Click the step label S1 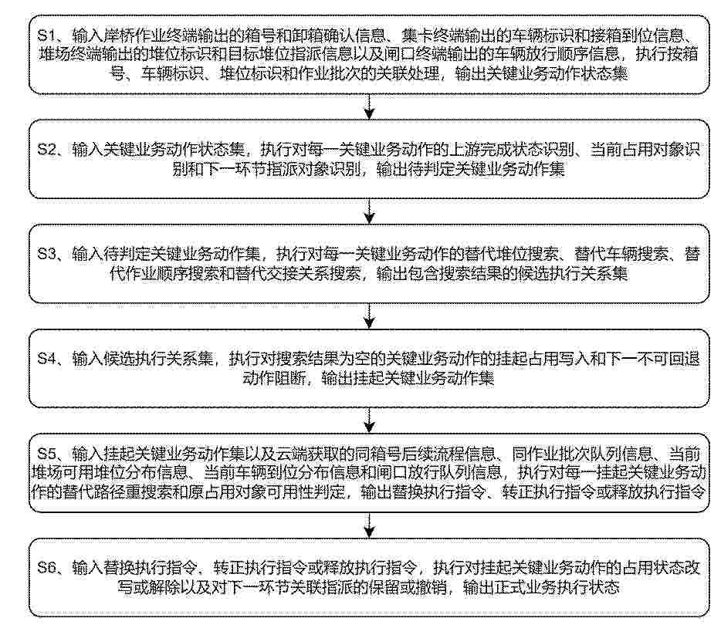46,35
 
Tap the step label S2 46,150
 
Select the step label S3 46,254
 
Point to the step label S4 46,359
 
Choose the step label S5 46,454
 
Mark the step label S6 46,567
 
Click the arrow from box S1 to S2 369,106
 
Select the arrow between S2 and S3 369,211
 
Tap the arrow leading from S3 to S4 369,316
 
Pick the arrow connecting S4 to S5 369,421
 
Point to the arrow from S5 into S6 369,525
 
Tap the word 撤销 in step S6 431,587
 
